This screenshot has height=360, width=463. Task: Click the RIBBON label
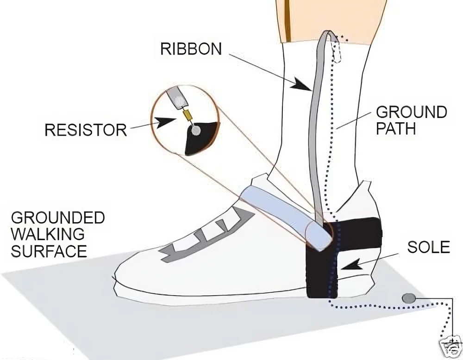[x=191, y=49]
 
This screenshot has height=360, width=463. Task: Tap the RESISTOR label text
[x=86, y=130]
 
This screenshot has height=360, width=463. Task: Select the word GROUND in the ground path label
[x=412, y=112]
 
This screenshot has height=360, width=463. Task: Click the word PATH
[x=396, y=129]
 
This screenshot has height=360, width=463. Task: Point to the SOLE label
[x=428, y=247]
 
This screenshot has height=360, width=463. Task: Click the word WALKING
[x=48, y=234]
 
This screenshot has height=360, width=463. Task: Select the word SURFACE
[x=49, y=251]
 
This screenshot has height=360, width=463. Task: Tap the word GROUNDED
[x=58, y=218]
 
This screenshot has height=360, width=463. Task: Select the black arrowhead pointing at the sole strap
[x=351, y=264]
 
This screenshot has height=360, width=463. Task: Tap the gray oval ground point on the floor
[x=409, y=298]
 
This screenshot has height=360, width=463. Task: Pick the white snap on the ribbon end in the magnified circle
[x=178, y=100]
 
